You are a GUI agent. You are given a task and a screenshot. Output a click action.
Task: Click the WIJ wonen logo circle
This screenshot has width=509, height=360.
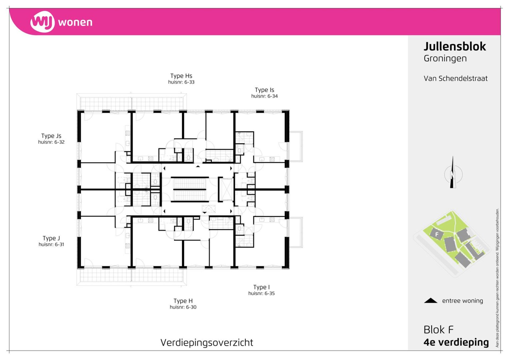point(42,22)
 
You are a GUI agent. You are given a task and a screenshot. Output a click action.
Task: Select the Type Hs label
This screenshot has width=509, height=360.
point(181,76)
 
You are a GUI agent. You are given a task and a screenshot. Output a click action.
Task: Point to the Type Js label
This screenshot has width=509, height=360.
point(51,136)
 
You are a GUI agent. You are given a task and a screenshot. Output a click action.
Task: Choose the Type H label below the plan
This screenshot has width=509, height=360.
point(183,301)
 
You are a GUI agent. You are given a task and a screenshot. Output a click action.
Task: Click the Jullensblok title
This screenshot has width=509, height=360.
point(455,46)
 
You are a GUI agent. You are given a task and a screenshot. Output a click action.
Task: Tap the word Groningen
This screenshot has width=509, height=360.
point(445,59)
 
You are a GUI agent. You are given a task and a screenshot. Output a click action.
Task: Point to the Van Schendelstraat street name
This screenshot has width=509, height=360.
point(455,79)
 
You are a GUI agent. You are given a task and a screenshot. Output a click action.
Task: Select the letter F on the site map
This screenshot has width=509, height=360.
point(437,234)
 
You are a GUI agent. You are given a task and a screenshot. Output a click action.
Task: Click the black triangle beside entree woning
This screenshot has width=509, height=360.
point(431,301)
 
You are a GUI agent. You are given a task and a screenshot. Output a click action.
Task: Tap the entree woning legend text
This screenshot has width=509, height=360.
point(463,301)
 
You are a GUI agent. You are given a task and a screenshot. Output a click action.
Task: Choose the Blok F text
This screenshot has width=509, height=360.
point(438,330)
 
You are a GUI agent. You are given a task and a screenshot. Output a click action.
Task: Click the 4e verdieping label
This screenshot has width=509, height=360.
point(456,342)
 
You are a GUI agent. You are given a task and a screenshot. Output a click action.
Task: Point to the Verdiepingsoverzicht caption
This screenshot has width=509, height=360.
point(207,342)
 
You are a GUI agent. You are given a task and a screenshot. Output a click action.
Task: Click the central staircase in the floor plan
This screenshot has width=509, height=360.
point(190,189)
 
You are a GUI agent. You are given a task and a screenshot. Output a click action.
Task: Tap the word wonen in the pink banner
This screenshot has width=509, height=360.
point(75,23)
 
